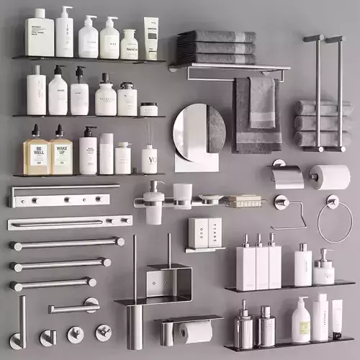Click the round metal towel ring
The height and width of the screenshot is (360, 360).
(x=335, y=220)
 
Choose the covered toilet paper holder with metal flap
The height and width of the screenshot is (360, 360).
(x=287, y=176)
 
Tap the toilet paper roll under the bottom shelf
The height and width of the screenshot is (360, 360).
(x=196, y=331)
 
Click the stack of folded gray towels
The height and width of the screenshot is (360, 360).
(x=217, y=47)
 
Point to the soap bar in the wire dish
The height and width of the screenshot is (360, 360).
(x=243, y=200)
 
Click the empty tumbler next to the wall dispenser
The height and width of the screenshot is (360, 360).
(x=183, y=196)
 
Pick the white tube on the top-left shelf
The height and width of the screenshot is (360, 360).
(x=150, y=38)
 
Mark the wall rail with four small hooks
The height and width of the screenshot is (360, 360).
(x=63, y=195)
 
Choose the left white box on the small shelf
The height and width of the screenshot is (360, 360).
(x=198, y=233)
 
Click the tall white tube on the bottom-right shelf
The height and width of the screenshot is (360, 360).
(x=320, y=317)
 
